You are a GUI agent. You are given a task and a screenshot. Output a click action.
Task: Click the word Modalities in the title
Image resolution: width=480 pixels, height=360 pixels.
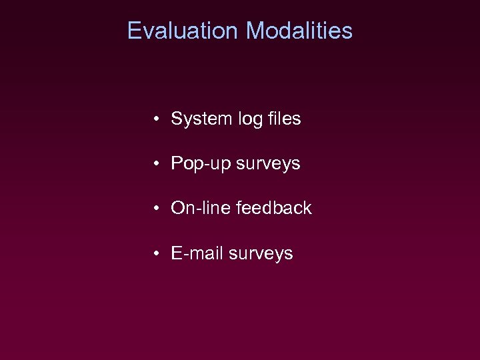point(299,31)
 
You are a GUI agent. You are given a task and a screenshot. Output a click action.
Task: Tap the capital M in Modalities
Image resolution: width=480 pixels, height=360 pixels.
point(255,31)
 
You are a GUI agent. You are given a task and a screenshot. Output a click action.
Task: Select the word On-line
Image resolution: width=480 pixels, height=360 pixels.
point(199,208)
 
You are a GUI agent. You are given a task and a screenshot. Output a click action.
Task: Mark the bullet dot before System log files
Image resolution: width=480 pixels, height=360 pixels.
point(155,120)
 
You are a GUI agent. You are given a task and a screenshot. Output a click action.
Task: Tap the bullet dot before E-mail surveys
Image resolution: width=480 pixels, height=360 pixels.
point(155,254)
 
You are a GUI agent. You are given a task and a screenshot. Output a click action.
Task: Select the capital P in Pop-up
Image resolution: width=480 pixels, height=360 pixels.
point(177,163)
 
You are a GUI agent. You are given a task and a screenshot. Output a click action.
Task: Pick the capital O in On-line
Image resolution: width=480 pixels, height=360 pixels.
point(178,208)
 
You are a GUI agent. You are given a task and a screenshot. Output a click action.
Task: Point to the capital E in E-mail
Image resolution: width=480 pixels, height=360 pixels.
point(177,253)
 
